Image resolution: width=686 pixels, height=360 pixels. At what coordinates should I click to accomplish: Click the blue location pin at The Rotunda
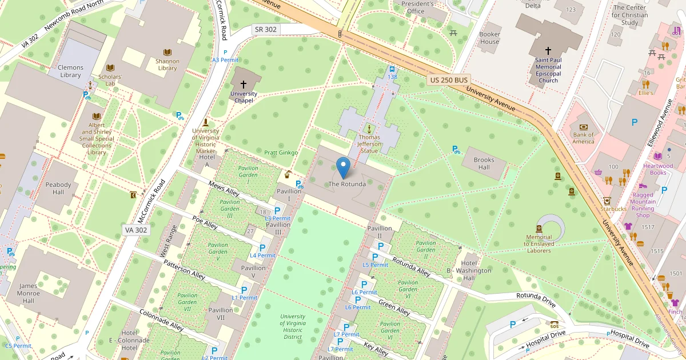(343, 167)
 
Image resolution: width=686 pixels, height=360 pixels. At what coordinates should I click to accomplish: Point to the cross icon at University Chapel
(244, 84)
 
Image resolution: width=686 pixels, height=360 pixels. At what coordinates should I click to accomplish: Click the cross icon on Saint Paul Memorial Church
(548, 51)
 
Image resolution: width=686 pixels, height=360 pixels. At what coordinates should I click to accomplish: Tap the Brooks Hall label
(484, 163)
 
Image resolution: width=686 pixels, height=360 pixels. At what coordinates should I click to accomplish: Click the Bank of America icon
(583, 127)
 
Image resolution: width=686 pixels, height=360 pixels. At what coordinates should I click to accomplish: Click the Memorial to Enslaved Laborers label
(539, 244)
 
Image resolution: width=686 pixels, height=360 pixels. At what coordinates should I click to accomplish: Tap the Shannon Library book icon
(167, 52)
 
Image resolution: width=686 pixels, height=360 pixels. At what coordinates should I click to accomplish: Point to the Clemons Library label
(70, 71)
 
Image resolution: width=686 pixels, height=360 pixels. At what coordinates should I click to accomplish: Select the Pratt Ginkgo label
(281, 153)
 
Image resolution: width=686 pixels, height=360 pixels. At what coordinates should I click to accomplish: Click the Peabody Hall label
(58, 189)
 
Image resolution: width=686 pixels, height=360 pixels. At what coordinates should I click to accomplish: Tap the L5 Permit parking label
(376, 265)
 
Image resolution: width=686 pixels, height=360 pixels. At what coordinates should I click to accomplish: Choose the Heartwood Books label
(658, 169)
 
